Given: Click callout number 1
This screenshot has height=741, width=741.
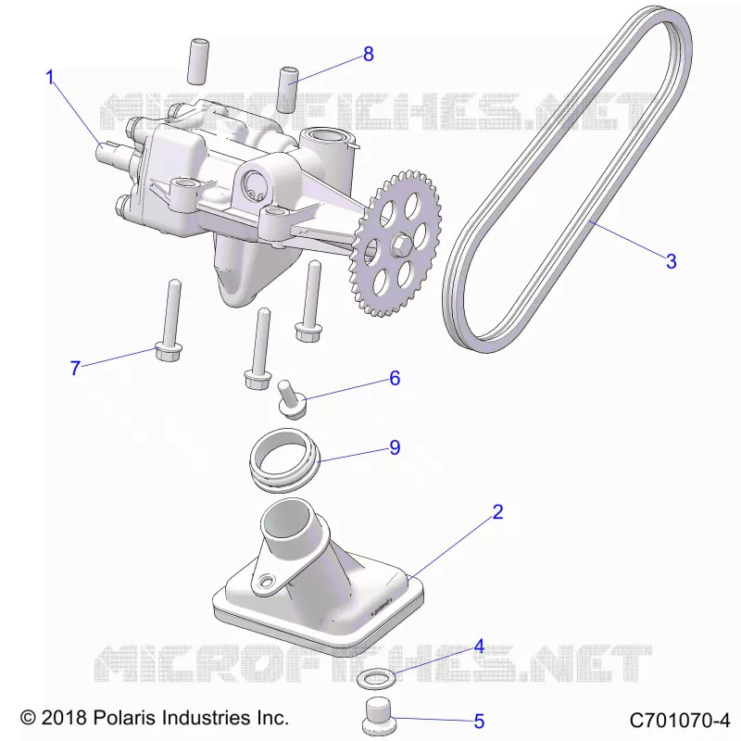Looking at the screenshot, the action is (50, 77).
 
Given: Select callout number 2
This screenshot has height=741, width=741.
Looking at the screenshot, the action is (497, 512).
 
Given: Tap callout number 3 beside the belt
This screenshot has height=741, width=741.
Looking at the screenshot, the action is (671, 261).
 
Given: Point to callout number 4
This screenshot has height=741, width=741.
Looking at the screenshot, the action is (479, 647).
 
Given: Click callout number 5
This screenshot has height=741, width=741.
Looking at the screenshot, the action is (479, 722).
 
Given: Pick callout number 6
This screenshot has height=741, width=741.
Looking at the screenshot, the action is (395, 378).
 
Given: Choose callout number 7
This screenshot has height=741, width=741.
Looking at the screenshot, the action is (75, 368).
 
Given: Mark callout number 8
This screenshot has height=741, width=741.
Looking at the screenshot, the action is (369, 55).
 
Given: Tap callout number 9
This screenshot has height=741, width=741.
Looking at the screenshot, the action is (395, 447).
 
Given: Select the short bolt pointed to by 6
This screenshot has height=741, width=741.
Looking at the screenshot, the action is (291, 399).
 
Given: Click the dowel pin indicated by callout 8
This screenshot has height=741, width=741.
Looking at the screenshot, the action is (288, 90).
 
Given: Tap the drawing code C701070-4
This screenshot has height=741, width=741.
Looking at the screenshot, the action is (680, 721).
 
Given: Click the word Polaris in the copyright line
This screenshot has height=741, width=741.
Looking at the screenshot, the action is (125, 717).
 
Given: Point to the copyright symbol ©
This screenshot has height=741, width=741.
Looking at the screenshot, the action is (28, 718).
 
